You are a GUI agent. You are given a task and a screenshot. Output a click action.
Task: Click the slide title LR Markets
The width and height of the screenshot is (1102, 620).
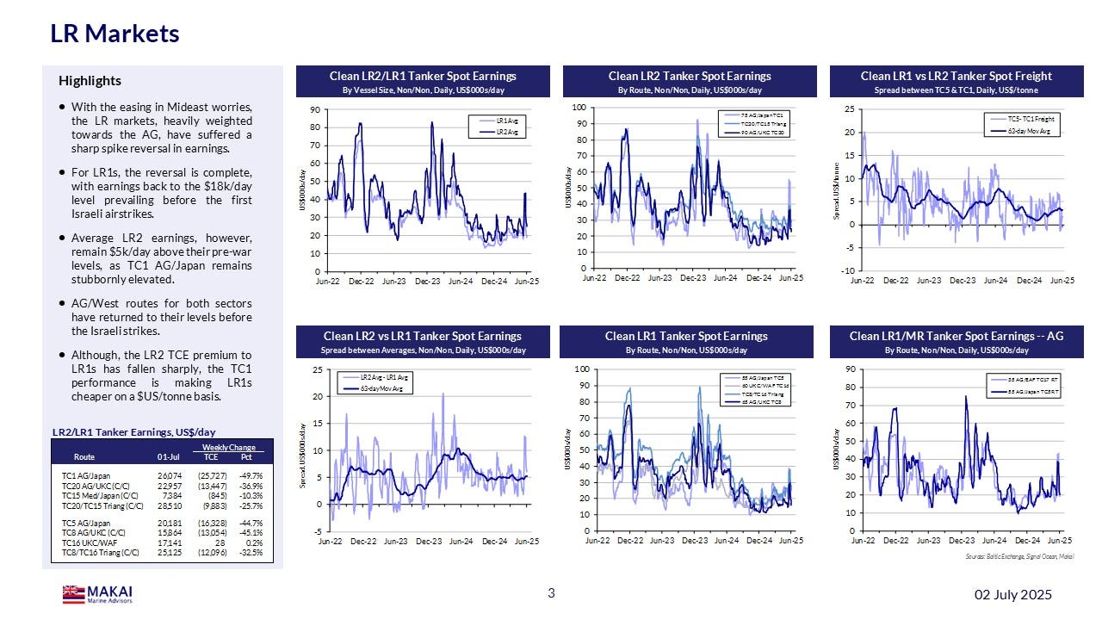115,34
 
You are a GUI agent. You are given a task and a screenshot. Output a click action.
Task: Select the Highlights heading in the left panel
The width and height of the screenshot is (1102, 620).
90,81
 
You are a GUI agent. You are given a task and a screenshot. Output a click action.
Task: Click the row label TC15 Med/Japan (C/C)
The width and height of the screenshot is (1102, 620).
97,495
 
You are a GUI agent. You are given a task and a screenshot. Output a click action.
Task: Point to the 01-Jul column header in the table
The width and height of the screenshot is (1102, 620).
169,457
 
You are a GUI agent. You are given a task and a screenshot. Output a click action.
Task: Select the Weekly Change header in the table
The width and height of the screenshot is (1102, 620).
228,448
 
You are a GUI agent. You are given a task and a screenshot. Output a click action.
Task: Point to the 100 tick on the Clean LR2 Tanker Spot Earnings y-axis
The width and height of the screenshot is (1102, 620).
578,108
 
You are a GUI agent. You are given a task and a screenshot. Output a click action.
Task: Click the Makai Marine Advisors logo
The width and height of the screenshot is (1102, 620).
97,594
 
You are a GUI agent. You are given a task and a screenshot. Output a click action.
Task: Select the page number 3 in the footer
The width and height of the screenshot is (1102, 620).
551,592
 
